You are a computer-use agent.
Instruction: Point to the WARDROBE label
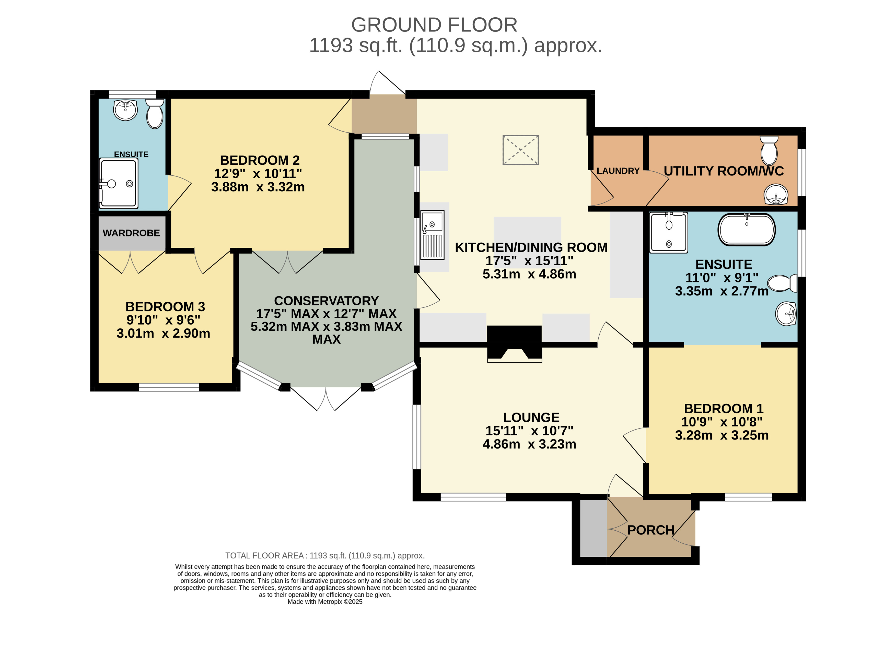pos(131,233)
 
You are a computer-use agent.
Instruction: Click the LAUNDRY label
pos(618,171)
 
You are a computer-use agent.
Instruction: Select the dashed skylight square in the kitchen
pos(520,150)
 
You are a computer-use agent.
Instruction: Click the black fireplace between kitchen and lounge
pos(514,344)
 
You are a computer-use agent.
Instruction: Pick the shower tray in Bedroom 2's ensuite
pos(119,183)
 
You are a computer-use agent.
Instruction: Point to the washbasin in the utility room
pos(776,195)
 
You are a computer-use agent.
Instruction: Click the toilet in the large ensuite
pos(782,283)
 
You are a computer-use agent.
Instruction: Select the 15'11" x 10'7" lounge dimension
pos(530,431)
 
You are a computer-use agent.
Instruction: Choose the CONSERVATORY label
pos(327,301)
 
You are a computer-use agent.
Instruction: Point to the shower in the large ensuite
pos(668,232)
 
